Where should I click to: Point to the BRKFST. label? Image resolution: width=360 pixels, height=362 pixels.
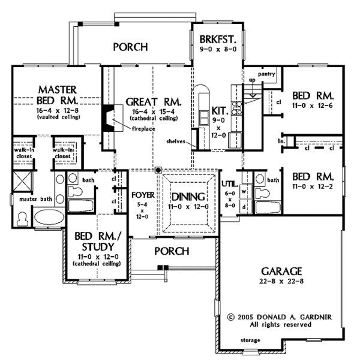point(218,40)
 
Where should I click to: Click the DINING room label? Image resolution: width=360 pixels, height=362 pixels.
point(188,197)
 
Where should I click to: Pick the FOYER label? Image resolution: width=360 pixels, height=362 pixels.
point(142,195)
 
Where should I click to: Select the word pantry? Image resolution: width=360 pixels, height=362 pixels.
point(267,74)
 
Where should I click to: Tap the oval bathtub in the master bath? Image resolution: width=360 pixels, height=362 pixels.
point(49,216)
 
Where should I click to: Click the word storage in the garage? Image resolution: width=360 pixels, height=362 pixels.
point(250,340)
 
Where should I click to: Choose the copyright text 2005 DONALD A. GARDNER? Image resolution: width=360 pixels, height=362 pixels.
point(277,315)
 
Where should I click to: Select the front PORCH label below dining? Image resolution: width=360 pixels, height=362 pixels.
point(172,250)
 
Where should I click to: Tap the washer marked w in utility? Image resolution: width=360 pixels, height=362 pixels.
point(244,192)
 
